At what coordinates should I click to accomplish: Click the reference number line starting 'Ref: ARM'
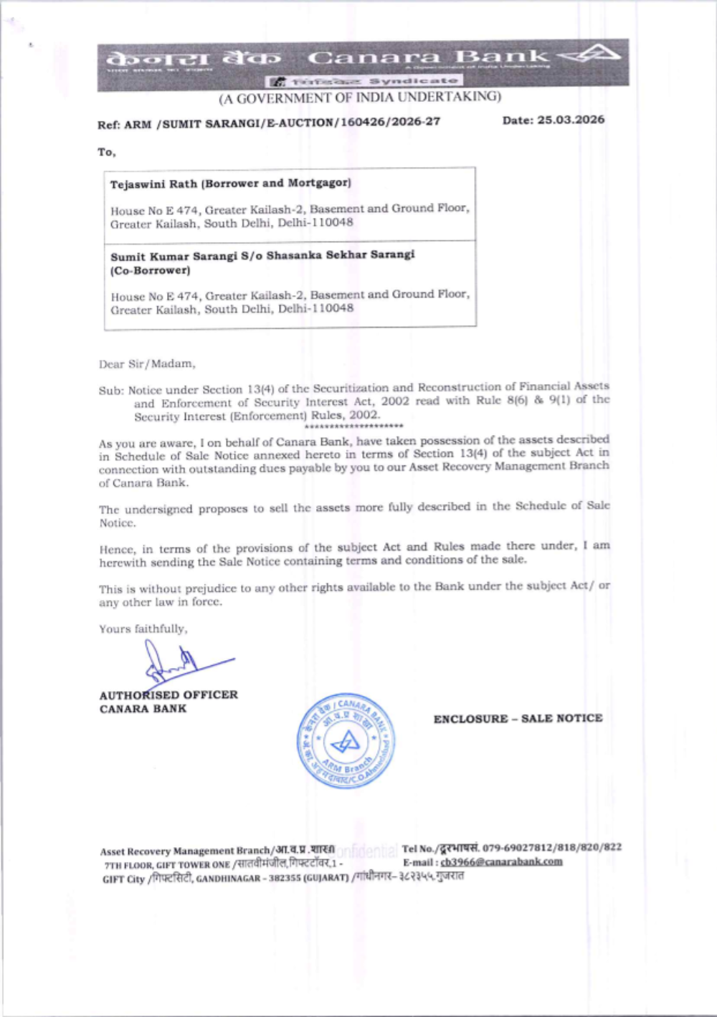269,123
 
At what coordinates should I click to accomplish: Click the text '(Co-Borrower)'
151,271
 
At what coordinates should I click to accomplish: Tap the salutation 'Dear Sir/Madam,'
147,364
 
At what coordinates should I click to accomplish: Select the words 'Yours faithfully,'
143,629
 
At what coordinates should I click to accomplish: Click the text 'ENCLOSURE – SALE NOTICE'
518,718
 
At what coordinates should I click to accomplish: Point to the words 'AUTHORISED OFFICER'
168,694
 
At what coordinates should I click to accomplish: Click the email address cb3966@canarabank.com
501,861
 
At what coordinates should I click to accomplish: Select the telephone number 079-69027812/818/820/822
551,847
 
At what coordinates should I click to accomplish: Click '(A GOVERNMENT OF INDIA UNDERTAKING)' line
360,97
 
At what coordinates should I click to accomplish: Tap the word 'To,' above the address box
106,152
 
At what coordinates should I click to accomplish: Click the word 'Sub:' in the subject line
110,391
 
